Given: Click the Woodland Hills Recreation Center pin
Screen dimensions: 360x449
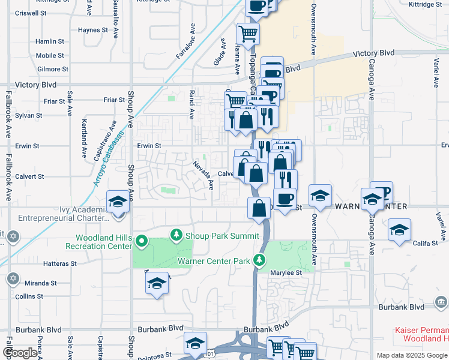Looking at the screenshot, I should point(142,242).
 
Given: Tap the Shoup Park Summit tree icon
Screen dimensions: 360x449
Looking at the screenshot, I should point(176,234).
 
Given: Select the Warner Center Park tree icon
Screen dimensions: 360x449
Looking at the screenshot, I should point(259,260).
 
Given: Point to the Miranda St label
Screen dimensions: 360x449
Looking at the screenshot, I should point(41,283).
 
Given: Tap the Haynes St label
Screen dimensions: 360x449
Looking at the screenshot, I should point(92,29).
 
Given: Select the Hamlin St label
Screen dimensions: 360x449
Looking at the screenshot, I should point(50,41).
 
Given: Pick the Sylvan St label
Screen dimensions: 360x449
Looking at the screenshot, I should point(28,115).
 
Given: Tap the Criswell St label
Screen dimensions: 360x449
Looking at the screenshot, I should point(31,13).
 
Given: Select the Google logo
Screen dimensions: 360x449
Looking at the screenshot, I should point(19,353).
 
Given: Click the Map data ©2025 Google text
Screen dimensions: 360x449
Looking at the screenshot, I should point(412,355).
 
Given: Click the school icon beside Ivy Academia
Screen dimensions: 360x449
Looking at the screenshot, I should point(118,202).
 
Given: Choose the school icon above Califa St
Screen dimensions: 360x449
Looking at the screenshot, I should point(399,230).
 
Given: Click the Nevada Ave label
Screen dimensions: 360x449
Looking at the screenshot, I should point(203,174).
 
